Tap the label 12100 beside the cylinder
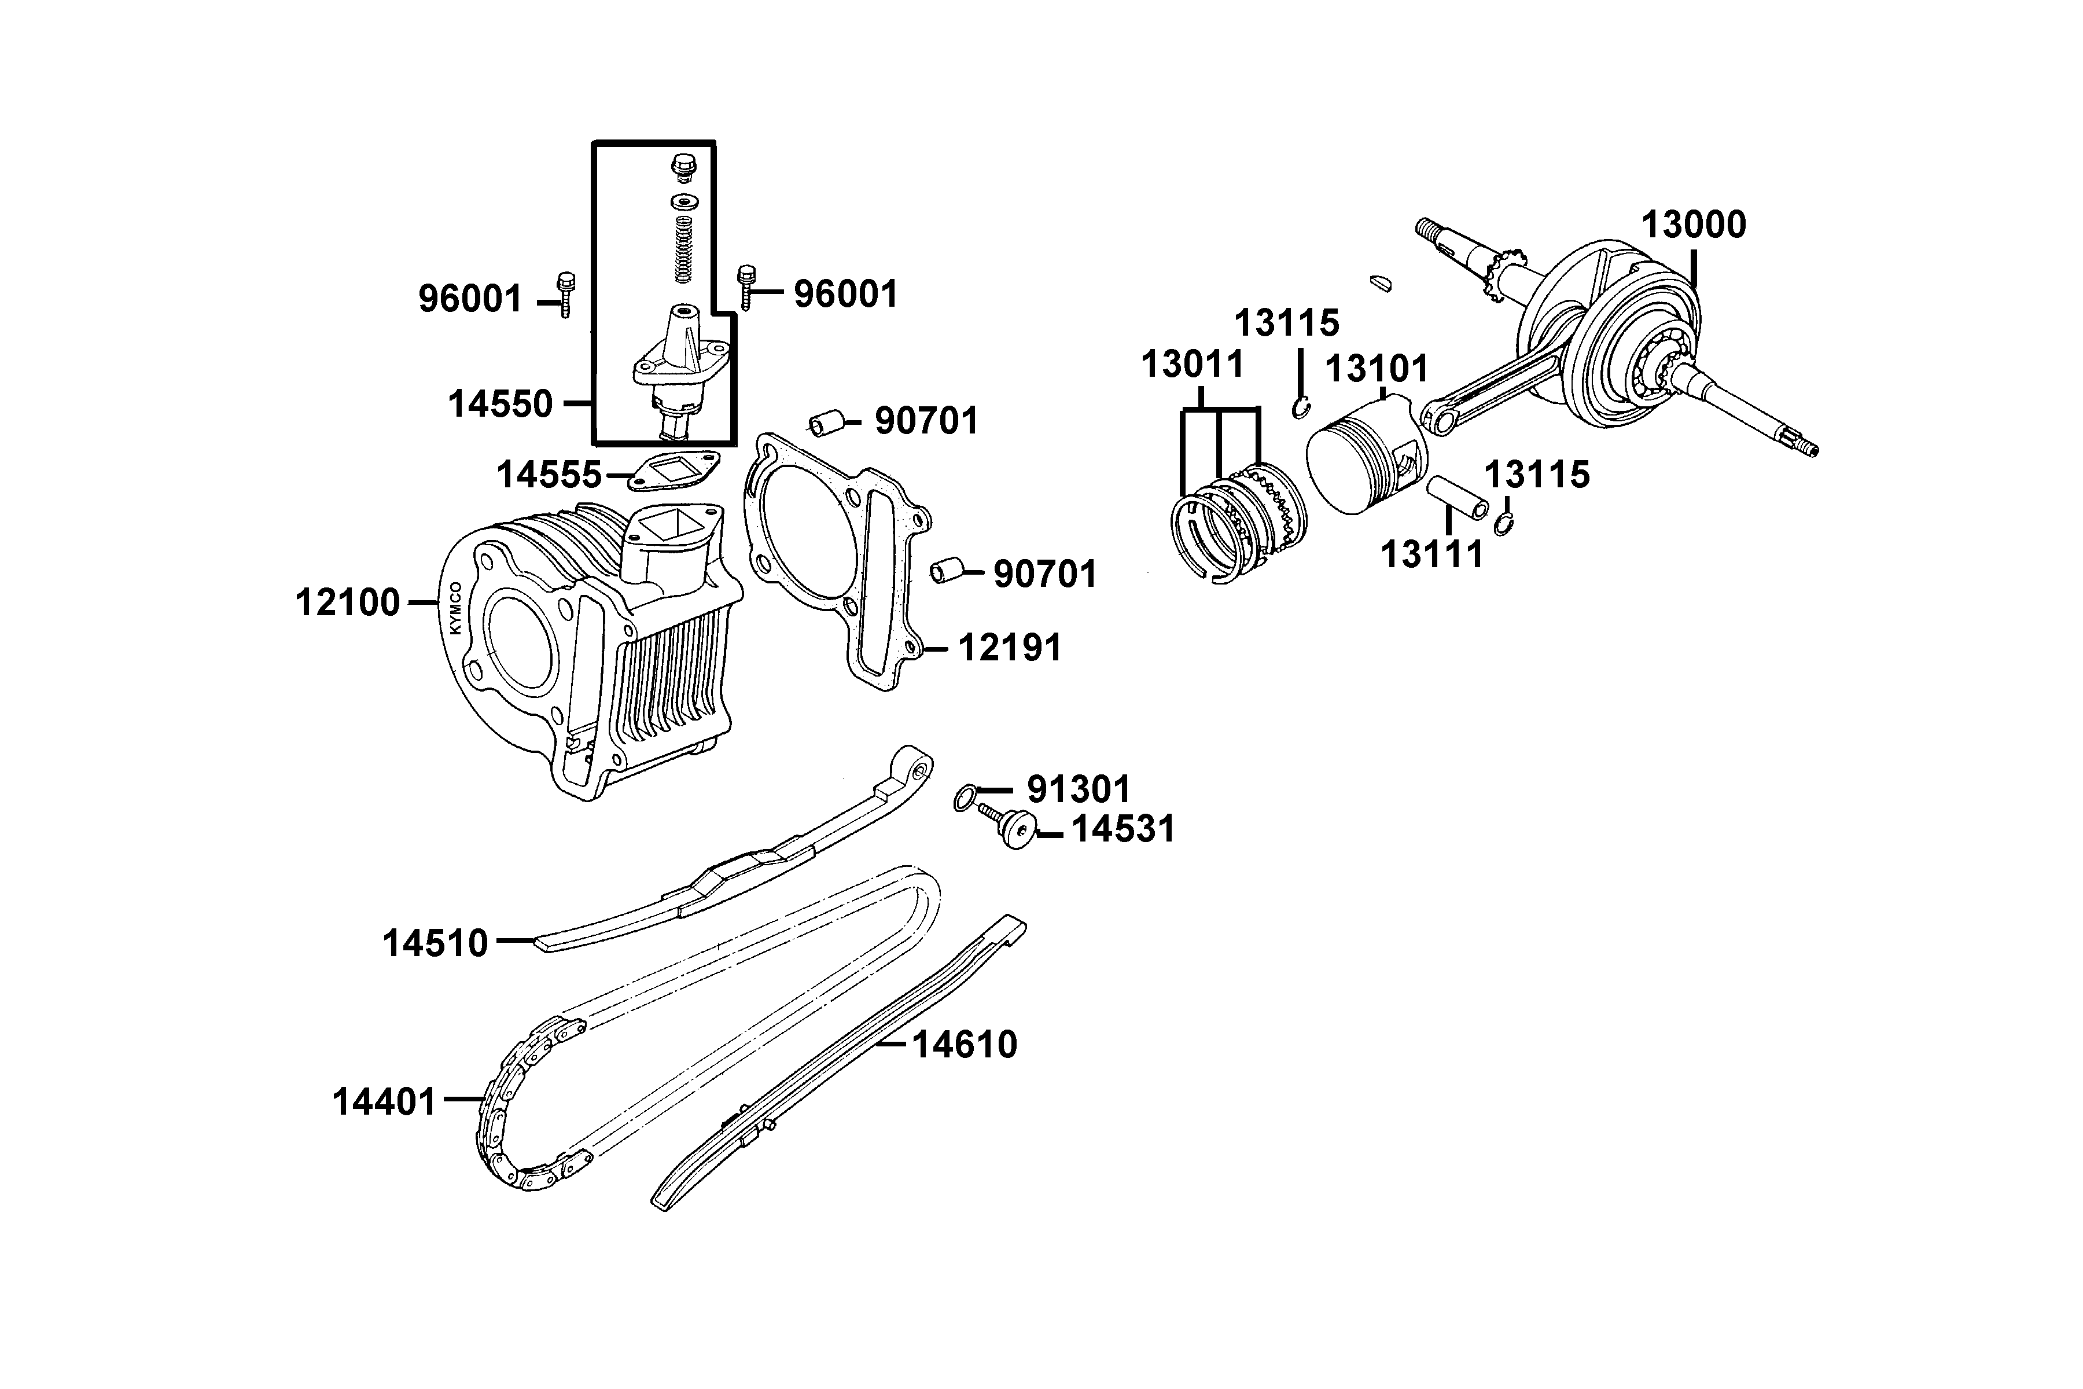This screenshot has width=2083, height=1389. coord(347,603)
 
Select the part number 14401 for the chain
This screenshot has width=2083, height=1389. coord(384,1103)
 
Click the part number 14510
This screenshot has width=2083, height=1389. coord(435,943)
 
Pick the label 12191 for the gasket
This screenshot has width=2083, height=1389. coord(1010,648)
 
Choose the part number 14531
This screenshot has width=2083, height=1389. coord(1123,830)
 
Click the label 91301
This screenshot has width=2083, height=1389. coord(1078,789)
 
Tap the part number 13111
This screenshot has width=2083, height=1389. coord(1431,556)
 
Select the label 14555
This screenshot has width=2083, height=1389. coord(549,476)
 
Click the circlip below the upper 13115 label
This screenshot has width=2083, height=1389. coord(1301,409)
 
